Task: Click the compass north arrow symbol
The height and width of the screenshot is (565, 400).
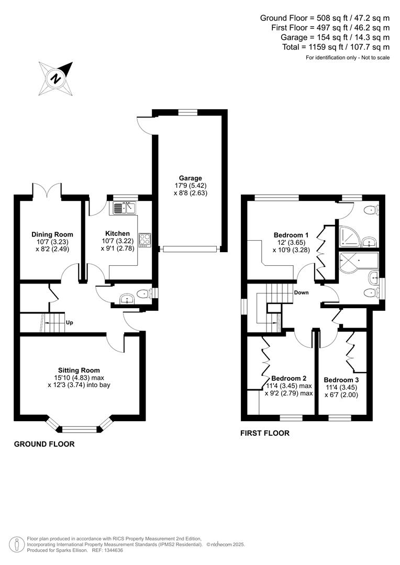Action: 55,78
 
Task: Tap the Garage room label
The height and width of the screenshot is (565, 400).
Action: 189,178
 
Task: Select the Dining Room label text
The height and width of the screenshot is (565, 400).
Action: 52,234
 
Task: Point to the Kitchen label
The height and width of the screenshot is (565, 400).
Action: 117,233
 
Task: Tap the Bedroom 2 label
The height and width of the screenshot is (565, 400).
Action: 288,378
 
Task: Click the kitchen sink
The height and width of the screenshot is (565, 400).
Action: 124,209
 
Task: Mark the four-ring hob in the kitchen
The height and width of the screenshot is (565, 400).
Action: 145,239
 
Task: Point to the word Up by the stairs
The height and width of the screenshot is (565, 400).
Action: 69,322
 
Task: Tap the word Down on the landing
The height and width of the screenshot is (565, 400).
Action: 301,292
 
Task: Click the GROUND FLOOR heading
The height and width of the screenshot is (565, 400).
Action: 44,444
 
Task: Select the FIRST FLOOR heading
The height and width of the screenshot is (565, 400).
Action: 264,433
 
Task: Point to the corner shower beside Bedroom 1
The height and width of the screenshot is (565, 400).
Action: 349,236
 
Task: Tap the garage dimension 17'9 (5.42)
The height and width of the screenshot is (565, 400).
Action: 189,185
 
